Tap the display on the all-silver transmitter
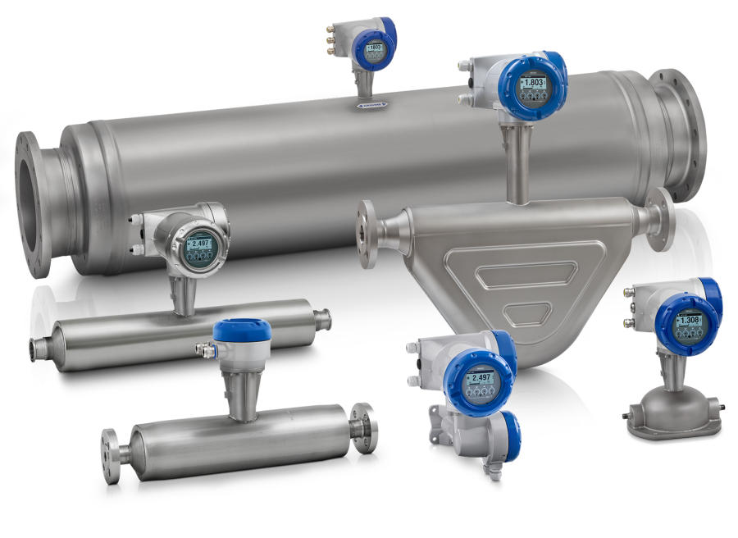[198, 244]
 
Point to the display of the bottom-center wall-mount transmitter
[479, 378]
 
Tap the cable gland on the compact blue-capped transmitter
[202, 349]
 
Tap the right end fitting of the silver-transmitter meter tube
[322, 317]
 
